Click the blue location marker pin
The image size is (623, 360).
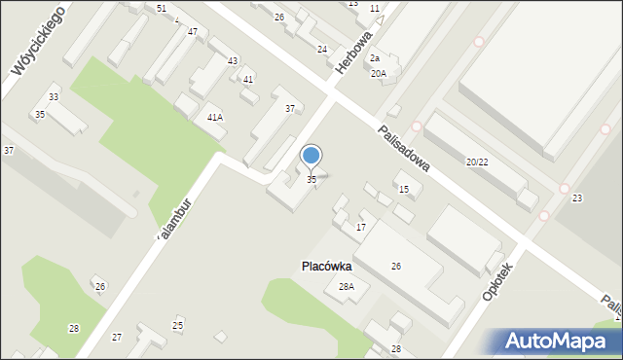pyautogui.click(x=311, y=156)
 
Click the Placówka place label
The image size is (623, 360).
pyautogui.click(x=325, y=266)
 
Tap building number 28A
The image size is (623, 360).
pyautogui.click(x=346, y=287)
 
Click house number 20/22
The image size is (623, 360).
pyautogui.click(x=477, y=162)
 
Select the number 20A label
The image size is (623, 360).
pyautogui.click(x=378, y=73)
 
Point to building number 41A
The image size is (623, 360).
pyautogui.click(x=215, y=117)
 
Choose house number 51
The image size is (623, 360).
pyautogui.click(x=162, y=8)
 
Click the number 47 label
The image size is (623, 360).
pyautogui.click(x=193, y=32)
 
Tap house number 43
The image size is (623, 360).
pyautogui.click(x=232, y=61)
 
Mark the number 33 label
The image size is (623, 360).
pyautogui.click(x=54, y=97)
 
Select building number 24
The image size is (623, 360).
pyautogui.click(x=322, y=49)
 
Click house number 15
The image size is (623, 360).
pyautogui.click(x=403, y=189)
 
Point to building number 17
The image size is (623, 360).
pyautogui.click(x=360, y=228)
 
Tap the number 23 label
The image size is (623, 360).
pyautogui.click(x=577, y=198)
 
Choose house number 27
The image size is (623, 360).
pyautogui.click(x=117, y=337)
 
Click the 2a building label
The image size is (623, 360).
pyautogui.click(x=374, y=58)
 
